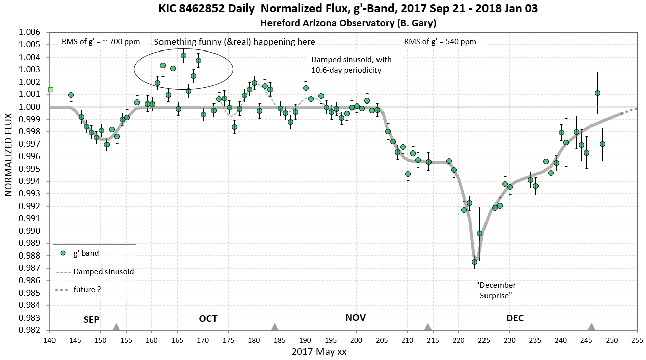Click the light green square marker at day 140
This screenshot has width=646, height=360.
point(51,90)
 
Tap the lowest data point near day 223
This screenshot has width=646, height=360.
point(474,262)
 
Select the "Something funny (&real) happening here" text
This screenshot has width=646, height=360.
point(235,42)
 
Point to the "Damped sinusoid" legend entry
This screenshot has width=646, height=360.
point(103,272)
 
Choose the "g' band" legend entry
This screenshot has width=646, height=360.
point(86,253)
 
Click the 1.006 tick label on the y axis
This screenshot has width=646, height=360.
point(29,32)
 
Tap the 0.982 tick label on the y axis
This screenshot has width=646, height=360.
point(29,330)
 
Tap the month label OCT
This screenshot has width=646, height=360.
point(208,318)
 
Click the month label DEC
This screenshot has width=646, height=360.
point(515,318)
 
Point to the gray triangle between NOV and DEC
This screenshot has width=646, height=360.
point(428,327)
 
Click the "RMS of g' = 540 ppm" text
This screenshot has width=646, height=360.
point(440,42)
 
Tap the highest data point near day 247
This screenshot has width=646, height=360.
point(597,93)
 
